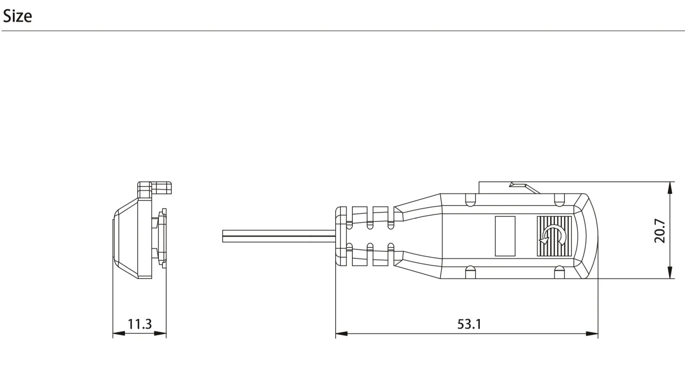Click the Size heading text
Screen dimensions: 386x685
coord(17,16)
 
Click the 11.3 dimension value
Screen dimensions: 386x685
coord(139,324)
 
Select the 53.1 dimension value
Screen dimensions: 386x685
coord(469,324)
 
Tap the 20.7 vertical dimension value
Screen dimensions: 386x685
coord(660,231)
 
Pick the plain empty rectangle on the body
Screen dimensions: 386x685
coord(505,236)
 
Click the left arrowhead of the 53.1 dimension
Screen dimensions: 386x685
coord(341,334)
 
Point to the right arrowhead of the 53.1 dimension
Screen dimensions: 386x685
coord(593,334)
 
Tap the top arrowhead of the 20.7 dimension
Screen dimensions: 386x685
coord(670,187)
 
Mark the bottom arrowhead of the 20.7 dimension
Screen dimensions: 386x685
coord(670,273)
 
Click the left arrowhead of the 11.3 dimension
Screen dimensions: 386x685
coord(118,334)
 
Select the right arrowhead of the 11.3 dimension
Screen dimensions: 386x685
coord(161,334)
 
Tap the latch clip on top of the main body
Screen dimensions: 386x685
coord(523,187)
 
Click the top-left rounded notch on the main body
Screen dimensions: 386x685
coord(470,200)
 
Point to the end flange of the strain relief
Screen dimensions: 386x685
coord(341,236)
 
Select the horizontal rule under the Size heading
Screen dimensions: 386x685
coord(342,31)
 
